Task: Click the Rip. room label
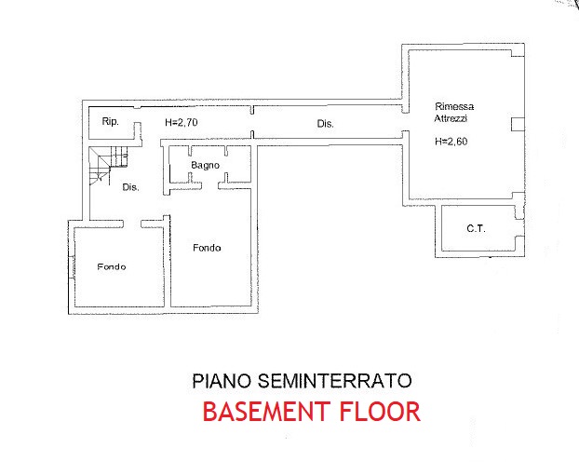(x=111, y=121)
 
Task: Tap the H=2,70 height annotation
(x=182, y=122)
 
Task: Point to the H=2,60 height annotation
(x=451, y=142)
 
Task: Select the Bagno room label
(x=206, y=165)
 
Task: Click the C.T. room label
(x=476, y=228)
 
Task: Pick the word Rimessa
(x=454, y=106)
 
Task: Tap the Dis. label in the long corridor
(x=325, y=124)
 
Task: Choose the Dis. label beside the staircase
(x=130, y=187)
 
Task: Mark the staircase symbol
(x=108, y=165)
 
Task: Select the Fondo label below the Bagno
(x=207, y=248)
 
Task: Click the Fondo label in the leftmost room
(x=112, y=266)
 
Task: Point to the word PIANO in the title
(x=222, y=381)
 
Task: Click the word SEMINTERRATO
(x=334, y=381)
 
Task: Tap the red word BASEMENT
(x=266, y=412)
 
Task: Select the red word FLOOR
(x=380, y=412)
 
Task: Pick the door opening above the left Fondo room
(x=132, y=224)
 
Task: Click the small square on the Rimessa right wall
(x=518, y=125)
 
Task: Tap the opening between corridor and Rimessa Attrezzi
(x=406, y=122)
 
